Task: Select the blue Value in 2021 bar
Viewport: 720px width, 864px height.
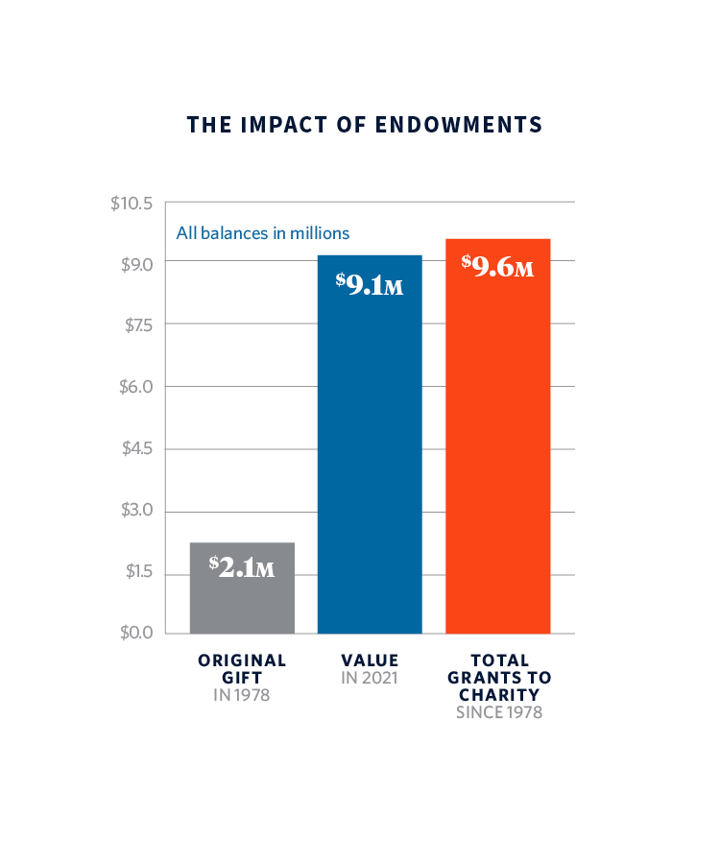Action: (x=370, y=461)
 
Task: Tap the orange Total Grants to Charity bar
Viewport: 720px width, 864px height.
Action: (x=497, y=461)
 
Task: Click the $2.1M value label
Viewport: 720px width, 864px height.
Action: (x=242, y=567)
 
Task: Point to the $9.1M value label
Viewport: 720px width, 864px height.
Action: (x=370, y=284)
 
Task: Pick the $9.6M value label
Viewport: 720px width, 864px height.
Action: (x=497, y=266)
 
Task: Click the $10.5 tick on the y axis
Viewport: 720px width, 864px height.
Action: (x=132, y=204)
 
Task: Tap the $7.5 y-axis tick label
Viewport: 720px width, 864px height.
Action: (x=138, y=325)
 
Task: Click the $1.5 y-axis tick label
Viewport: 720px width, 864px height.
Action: (x=138, y=572)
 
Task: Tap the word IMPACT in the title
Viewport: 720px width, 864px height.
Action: (x=272, y=125)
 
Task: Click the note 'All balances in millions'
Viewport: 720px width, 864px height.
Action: (x=262, y=232)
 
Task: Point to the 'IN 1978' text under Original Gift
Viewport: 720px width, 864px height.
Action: (x=241, y=694)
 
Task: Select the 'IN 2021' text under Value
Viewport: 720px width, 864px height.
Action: (x=370, y=678)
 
